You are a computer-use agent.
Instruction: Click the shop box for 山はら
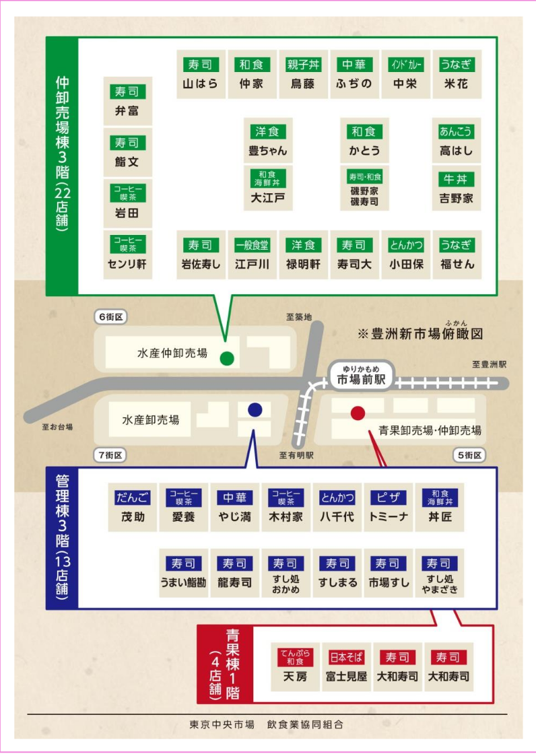click(201, 75)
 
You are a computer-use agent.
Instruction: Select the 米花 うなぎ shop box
click(456, 75)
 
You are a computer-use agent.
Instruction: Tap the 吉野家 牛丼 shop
click(456, 189)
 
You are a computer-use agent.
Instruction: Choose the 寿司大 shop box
click(354, 255)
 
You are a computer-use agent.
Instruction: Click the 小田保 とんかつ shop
click(405, 255)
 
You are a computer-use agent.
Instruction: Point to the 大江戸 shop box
click(267, 189)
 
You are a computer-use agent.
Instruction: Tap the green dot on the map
click(227, 357)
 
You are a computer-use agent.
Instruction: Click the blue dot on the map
click(255, 409)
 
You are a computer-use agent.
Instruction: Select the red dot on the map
click(358, 413)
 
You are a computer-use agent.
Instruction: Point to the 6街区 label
click(111, 316)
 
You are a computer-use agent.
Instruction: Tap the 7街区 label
click(110, 456)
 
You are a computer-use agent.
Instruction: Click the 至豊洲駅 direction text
click(489, 364)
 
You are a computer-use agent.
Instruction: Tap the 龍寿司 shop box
click(234, 574)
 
